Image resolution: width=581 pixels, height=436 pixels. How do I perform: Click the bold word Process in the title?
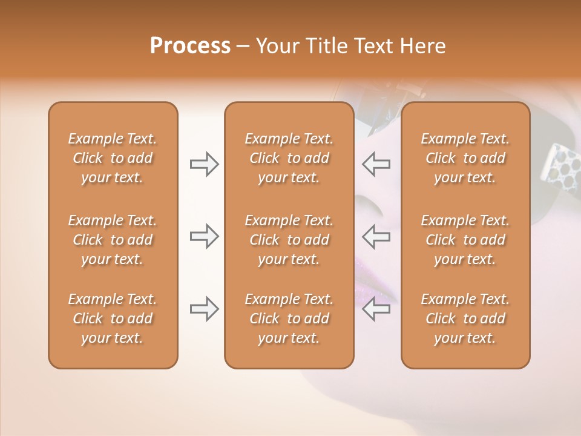[x=190, y=46]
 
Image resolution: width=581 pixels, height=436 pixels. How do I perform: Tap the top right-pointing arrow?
[x=204, y=164]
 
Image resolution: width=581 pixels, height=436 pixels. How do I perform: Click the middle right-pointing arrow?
[x=204, y=236]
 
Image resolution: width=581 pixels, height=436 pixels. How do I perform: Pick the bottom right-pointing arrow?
[x=204, y=309]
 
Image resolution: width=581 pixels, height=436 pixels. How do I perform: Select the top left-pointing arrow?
[x=376, y=164]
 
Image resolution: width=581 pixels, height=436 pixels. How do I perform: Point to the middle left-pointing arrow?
[x=376, y=236]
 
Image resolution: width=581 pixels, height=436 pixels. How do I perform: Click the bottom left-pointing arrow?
[x=376, y=309]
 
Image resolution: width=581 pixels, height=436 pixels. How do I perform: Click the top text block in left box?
[x=113, y=158]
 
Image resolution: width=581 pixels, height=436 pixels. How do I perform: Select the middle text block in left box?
[x=113, y=240]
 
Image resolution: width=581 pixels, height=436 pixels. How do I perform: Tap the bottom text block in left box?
[x=113, y=319]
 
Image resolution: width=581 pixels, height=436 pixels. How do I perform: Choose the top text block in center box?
[x=289, y=158]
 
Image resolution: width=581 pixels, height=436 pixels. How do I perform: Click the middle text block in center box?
[x=289, y=240]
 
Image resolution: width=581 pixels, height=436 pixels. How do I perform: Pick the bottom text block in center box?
[x=289, y=319]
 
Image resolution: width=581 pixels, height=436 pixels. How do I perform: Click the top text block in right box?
[x=465, y=158]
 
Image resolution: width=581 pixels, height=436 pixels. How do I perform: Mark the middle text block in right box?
[x=465, y=240]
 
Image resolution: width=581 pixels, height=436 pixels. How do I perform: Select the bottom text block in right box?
[x=465, y=319]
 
